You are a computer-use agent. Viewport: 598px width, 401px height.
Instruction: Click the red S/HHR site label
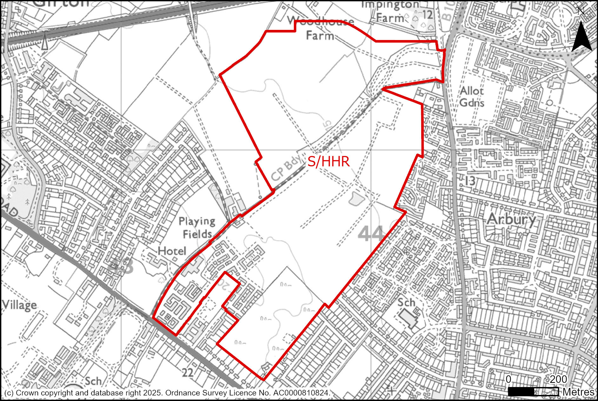(329, 162)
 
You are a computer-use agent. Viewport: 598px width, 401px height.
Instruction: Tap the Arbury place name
(511, 219)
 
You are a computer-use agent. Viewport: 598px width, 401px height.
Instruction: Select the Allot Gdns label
(472, 97)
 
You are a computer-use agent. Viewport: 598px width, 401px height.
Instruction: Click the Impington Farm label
(390, 11)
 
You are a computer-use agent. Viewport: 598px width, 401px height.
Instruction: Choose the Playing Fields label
(197, 228)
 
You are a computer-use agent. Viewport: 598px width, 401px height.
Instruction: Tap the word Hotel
(172, 251)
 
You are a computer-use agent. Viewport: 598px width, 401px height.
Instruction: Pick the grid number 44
(371, 234)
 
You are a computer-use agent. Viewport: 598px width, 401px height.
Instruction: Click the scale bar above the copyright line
(533, 392)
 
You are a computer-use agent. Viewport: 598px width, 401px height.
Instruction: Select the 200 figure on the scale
(558, 379)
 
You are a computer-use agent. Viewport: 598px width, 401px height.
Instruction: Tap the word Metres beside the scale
(578, 392)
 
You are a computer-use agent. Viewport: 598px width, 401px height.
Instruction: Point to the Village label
(19, 305)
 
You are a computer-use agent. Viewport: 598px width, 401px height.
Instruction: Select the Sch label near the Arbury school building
(406, 302)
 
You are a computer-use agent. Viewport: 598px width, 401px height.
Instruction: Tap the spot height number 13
(470, 181)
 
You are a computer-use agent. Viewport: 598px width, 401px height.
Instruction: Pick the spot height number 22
(188, 372)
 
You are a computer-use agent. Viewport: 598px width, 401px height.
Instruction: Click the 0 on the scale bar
(508, 379)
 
